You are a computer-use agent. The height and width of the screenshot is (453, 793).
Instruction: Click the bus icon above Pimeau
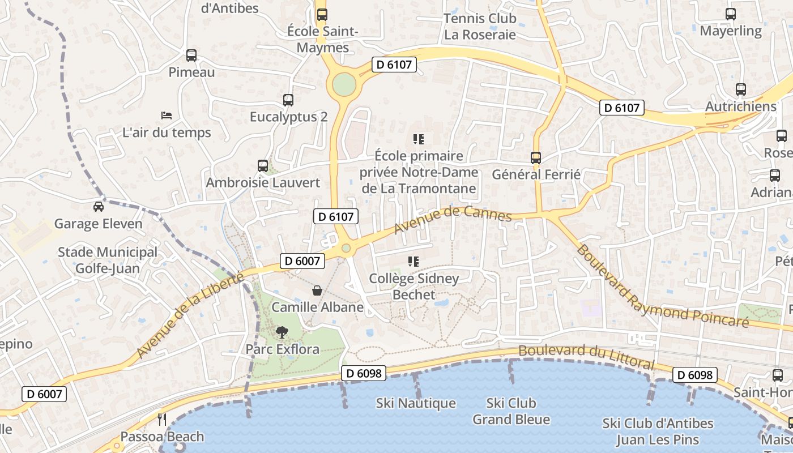pyautogui.click(x=191, y=55)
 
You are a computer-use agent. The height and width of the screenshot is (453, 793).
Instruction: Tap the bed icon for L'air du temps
pyautogui.click(x=167, y=116)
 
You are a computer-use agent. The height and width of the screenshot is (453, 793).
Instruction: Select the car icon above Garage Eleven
pyautogui.click(x=99, y=206)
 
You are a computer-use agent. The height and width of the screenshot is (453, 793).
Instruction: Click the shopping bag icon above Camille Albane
pyautogui.click(x=317, y=290)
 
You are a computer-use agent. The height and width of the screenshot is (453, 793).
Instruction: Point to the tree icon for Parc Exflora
pyautogui.click(x=282, y=332)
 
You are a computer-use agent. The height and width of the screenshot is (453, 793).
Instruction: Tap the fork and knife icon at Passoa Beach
pyautogui.click(x=162, y=420)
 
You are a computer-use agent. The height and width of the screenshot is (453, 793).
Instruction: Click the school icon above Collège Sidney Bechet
pyautogui.click(x=413, y=262)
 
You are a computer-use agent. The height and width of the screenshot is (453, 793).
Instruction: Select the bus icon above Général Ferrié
pyautogui.click(x=536, y=158)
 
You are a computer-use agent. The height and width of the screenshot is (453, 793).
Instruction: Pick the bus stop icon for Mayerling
pyautogui.click(x=731, y=14)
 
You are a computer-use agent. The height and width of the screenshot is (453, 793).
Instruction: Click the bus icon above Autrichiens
pyautogui.click(x=741, y=89)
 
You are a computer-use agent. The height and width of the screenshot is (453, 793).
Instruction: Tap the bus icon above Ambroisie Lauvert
pyautogui.click(x=263, y=166)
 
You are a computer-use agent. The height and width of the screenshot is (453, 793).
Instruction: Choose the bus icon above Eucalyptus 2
pyautogui.click(x=288, y=100)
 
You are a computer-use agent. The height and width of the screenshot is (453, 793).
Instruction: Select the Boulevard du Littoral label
pyautogui.click(x=586, y=356)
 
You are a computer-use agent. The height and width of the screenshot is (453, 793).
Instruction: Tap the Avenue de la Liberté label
pyautogui.click(x=190, y=315)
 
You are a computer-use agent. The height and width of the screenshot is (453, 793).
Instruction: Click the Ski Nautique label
pyautogui.click(x=416, y=403)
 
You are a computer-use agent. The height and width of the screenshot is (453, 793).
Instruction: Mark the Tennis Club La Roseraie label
pyautogui.click(x=480, y=26)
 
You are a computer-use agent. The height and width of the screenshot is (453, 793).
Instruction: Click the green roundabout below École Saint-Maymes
pyautogui.click(x=344, y=85)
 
